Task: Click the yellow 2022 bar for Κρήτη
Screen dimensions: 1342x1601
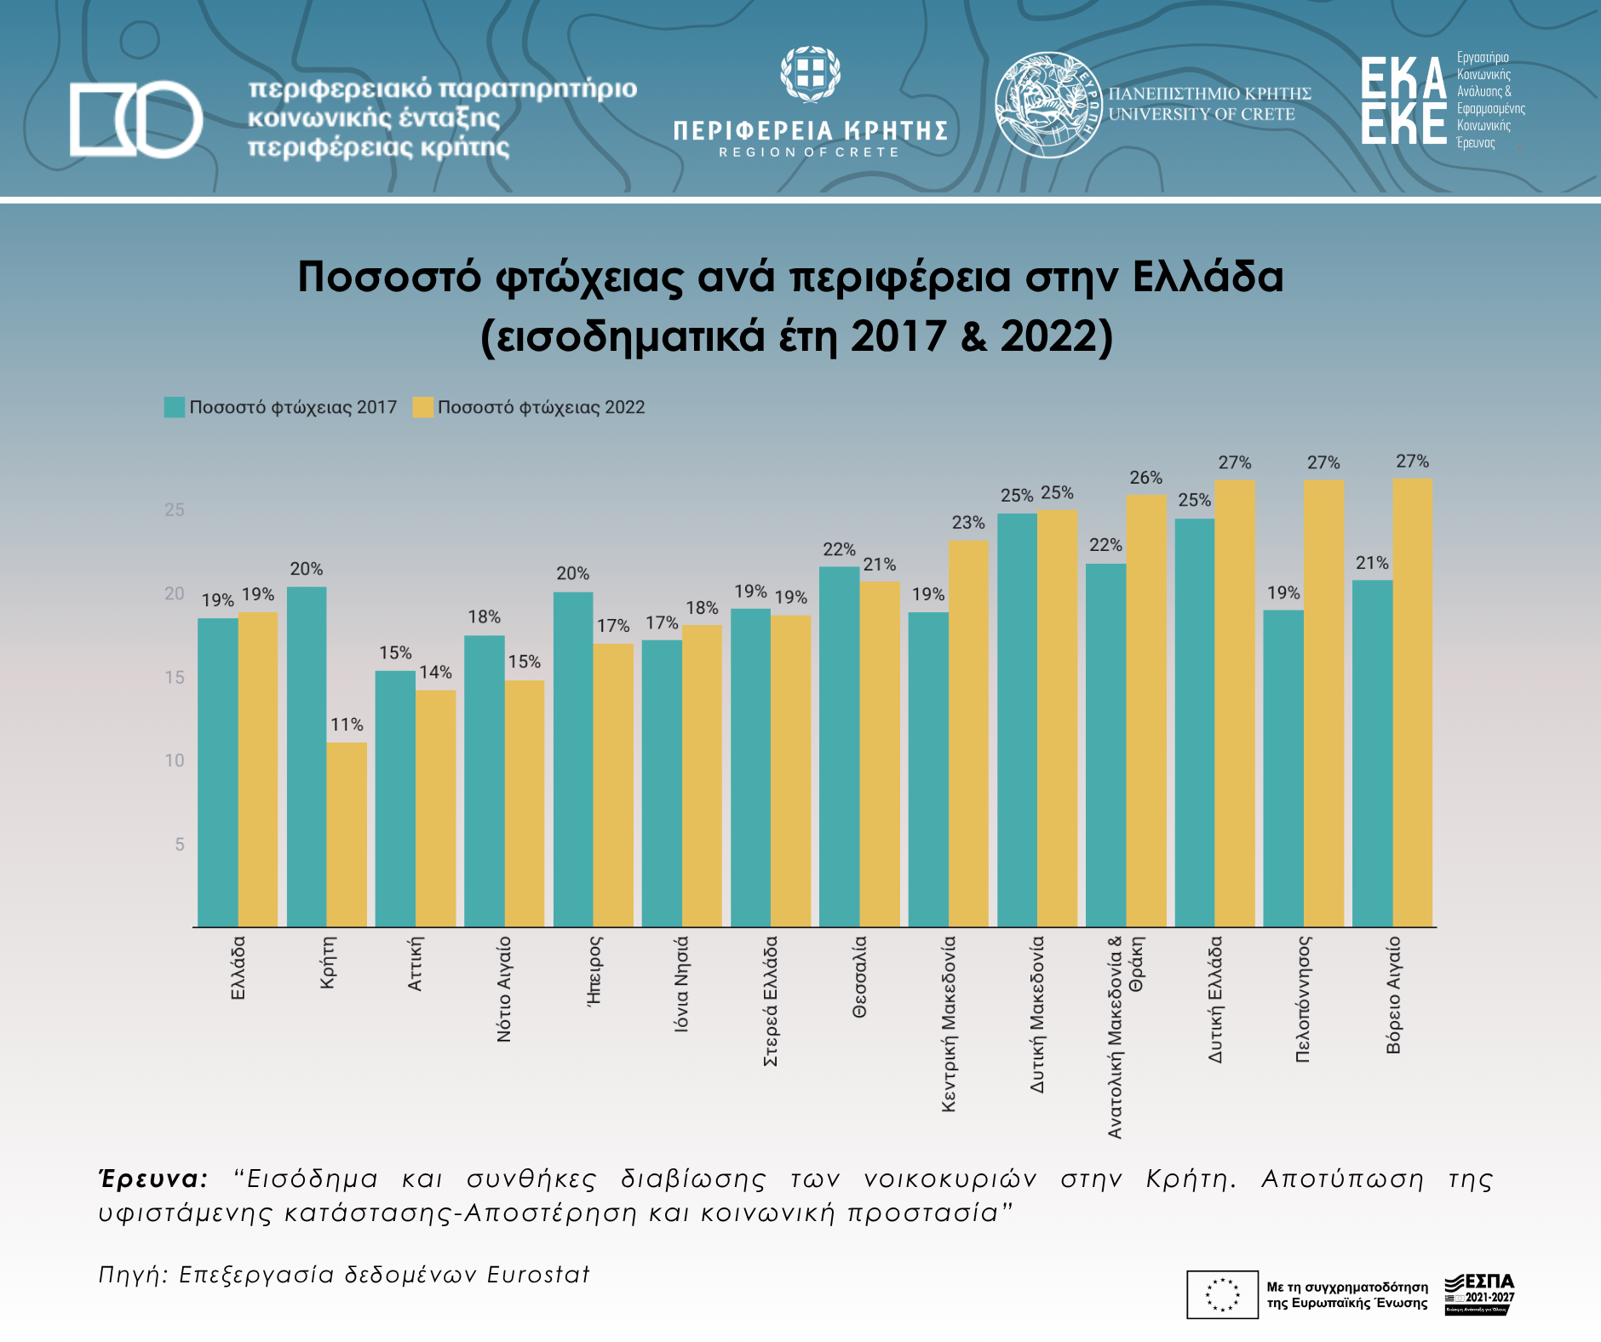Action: (347, 834)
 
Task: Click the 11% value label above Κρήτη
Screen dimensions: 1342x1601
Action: (347, 725)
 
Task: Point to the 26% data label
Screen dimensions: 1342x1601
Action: (1145, 478)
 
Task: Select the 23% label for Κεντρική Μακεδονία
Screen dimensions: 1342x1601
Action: (968, 523)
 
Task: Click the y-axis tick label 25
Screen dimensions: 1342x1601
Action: (175, 510)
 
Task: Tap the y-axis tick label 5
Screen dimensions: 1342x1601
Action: (180, 845)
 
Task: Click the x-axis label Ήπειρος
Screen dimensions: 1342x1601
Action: (594, 971)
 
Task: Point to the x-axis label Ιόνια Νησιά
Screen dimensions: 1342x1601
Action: (681, 984)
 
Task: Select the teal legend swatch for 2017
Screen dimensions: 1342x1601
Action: (175, 407)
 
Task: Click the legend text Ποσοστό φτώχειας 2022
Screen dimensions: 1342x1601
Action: (541, 407)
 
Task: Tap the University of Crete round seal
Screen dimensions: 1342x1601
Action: (1047, 105)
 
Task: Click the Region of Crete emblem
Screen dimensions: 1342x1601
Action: (810, 74)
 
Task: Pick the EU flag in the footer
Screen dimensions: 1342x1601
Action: (1222, 1294)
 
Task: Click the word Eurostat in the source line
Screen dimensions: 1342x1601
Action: (538, 1275)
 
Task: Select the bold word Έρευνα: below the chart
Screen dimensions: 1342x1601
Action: (154, 1179)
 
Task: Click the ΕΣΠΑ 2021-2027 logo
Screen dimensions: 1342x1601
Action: (1479, 1293)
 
